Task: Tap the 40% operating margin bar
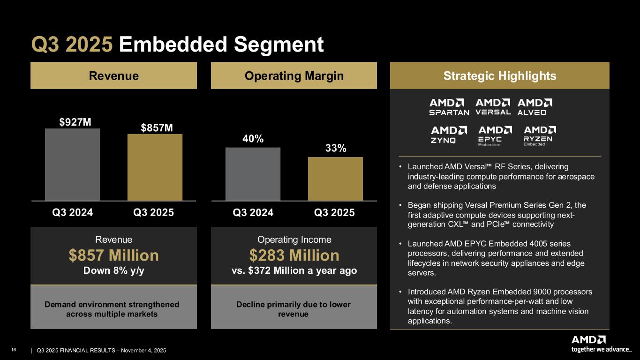253,174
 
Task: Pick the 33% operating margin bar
335,179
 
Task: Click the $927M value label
75,122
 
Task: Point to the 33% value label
335,149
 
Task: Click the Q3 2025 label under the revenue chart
154,212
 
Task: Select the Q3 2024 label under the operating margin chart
253,212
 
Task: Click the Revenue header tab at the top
113,76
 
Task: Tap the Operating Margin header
294,76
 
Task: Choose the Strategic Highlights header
499,76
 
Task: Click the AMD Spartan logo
449,107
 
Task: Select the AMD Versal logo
493,107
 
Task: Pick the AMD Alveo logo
535,107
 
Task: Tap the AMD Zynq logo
449,135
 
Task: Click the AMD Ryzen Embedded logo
539,135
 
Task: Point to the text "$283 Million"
294,255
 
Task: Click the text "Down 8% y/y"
113,271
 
